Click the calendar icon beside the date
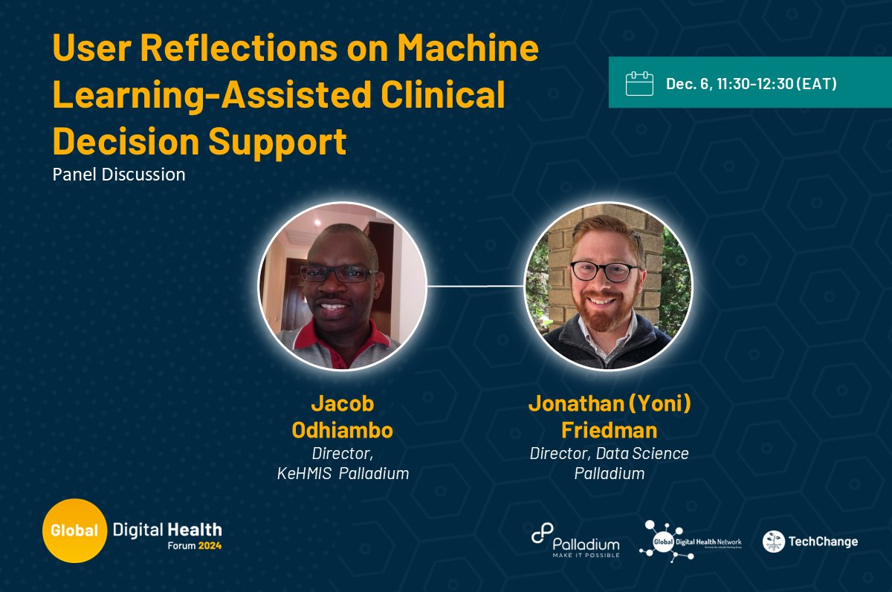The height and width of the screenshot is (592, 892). (x=639, y=83)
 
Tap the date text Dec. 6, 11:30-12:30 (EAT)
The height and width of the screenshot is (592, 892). (x=752, y=83)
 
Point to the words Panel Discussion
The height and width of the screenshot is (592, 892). (x=119, y=175)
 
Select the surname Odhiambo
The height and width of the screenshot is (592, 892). (x=342, y=431)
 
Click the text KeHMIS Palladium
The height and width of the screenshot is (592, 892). (x=342, y=473)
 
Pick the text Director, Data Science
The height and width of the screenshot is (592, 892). (x=609, y=453)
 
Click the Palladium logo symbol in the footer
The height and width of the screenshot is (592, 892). (x=541, y=533)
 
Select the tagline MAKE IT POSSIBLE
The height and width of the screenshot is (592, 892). (x=586, y=553)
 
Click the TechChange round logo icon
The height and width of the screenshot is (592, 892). (x=774, y=541)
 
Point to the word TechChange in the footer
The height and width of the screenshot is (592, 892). (x=824, y=541)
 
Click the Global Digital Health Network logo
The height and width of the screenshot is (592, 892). (x=691, y=540)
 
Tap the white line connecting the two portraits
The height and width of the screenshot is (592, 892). (x=475, y=285)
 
